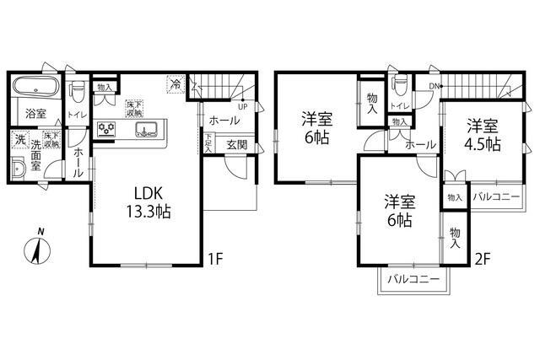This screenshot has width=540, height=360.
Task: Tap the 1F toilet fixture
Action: [x=75, y=88]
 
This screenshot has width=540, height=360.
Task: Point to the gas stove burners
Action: [x=108, y=129]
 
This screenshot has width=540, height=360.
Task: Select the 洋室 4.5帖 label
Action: [x=483, y=134]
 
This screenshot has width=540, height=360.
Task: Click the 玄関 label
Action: [x=236, y=144]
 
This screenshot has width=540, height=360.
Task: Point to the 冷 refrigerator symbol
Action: [x=175, y=83]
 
